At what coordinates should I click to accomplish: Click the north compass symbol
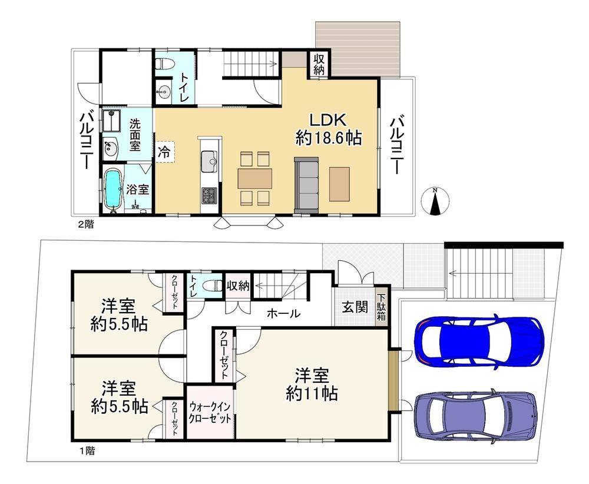pos(435,201)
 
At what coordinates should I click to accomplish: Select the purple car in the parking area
pos(475,416)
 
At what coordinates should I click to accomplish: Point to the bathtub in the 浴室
pos(112,190)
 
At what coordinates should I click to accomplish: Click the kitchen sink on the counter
pos(209,161)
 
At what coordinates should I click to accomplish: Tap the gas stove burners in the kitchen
pos(209,195)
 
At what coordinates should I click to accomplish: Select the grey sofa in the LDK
pos(306,184)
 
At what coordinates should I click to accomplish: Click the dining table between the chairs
pos(254,178)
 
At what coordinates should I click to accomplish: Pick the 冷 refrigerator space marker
pos(164,152)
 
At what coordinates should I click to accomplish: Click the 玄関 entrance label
pos(355,307)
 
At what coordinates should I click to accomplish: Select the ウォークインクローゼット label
pos(210,412)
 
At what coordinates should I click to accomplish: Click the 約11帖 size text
pos(312,393)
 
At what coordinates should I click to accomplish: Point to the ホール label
pos(284,313)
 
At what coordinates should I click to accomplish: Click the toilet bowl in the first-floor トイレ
pos(212,286)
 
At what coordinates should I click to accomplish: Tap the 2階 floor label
pos(85,224)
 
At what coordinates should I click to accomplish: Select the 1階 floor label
pos(87,450)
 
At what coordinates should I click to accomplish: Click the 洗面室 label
pos(135,134)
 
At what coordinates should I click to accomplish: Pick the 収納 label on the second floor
pos(319,64)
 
